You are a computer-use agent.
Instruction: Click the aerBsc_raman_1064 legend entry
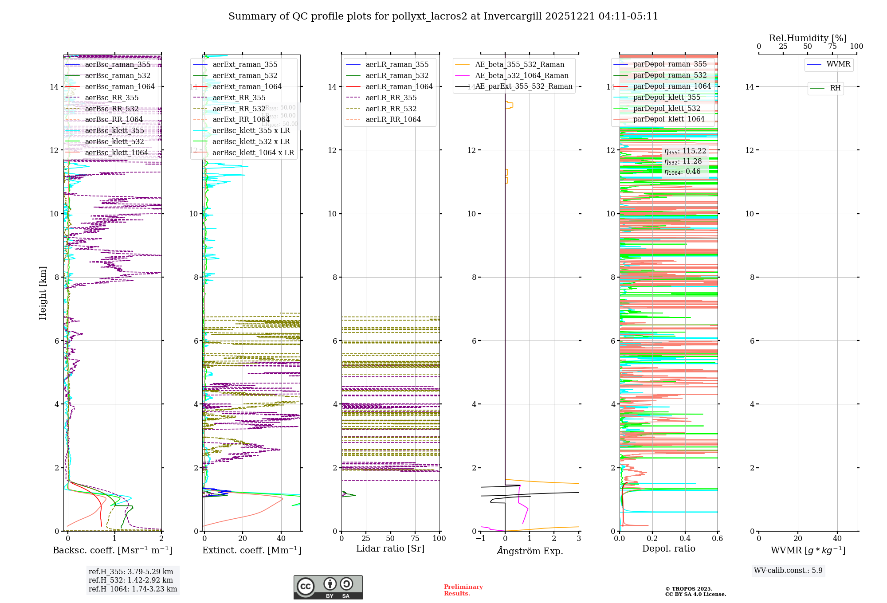(x=120, y=86)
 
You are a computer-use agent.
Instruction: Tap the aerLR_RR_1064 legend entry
(x=393, y=119)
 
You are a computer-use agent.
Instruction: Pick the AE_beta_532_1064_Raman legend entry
(x=522, y=75)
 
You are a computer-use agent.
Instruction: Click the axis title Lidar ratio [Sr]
(x=390, y=548)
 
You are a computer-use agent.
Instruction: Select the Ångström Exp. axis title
(x=530, y=551)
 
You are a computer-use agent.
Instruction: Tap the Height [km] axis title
(x=43, y=293)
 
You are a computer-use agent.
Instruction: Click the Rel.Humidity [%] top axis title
(x=808, y=38)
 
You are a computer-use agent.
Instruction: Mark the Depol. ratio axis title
(x=668, y=548)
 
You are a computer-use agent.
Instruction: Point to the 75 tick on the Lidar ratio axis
(x=415, y=538)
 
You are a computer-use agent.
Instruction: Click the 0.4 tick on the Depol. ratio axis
(x=685, y=538)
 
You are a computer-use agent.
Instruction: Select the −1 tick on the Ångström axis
(x=480, y=538)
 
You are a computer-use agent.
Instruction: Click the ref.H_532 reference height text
(x=130, y=580)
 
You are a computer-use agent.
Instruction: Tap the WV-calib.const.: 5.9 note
(x=788, y=570)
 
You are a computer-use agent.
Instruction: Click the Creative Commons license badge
(x=328, y=587)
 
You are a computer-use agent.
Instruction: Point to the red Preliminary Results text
(x=463, y=590)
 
